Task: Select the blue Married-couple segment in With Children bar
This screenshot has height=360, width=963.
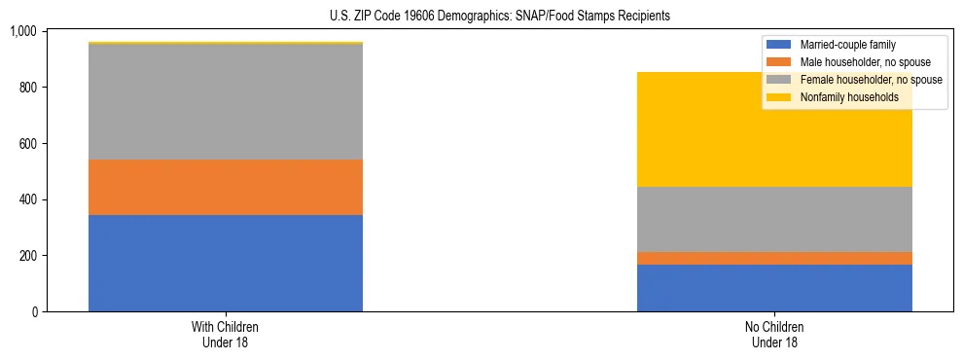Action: coord(226,263)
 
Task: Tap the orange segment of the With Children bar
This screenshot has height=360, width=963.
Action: coord(226,187)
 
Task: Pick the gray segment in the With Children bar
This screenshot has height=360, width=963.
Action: coord(226,102)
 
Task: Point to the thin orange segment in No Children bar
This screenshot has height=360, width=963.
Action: coord(774,258)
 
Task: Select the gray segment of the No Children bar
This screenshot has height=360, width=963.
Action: coord(774,219)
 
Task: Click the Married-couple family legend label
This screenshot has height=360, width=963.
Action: coord(847,45)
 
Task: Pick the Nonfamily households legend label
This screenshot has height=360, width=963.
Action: coord(849,97)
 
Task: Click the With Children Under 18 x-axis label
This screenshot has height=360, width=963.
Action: coord(226,335)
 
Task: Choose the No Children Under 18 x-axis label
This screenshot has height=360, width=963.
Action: coord(774,335)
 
